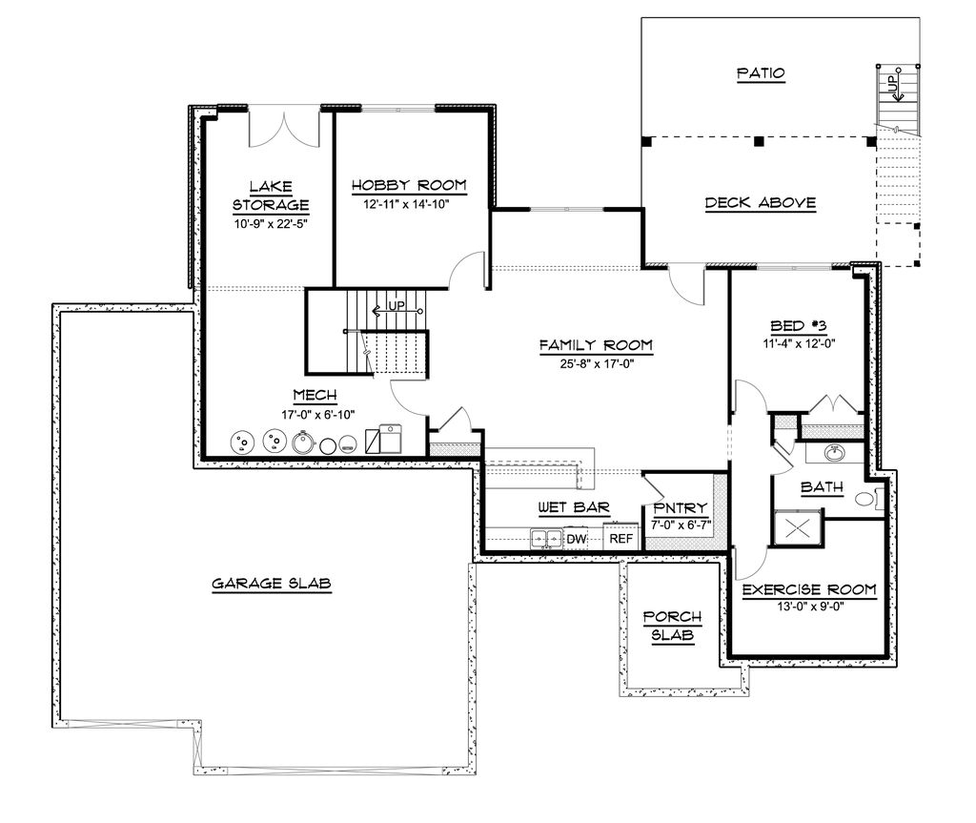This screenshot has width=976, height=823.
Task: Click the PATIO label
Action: [x=761, y=73]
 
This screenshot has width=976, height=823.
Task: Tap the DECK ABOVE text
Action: [x=761, y=202]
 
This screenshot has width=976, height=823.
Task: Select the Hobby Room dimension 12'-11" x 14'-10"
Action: [x=408, y=203]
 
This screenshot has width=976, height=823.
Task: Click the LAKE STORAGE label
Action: [x=272, y=195]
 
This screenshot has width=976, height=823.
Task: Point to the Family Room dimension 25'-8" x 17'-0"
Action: [x=596, y=363]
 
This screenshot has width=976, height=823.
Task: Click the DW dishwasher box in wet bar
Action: [x=576, y=539]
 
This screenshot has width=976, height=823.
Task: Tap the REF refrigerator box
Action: [x=620, y=539]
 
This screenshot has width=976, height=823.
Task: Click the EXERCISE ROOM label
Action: [x=809, y=590]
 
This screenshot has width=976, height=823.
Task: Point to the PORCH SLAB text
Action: [x=672, y=626]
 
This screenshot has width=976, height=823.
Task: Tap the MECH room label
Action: [x=314, y=396]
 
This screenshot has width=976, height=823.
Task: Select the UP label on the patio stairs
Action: [x=893, y=86]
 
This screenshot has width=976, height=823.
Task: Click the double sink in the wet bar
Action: [x=546, y=539]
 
